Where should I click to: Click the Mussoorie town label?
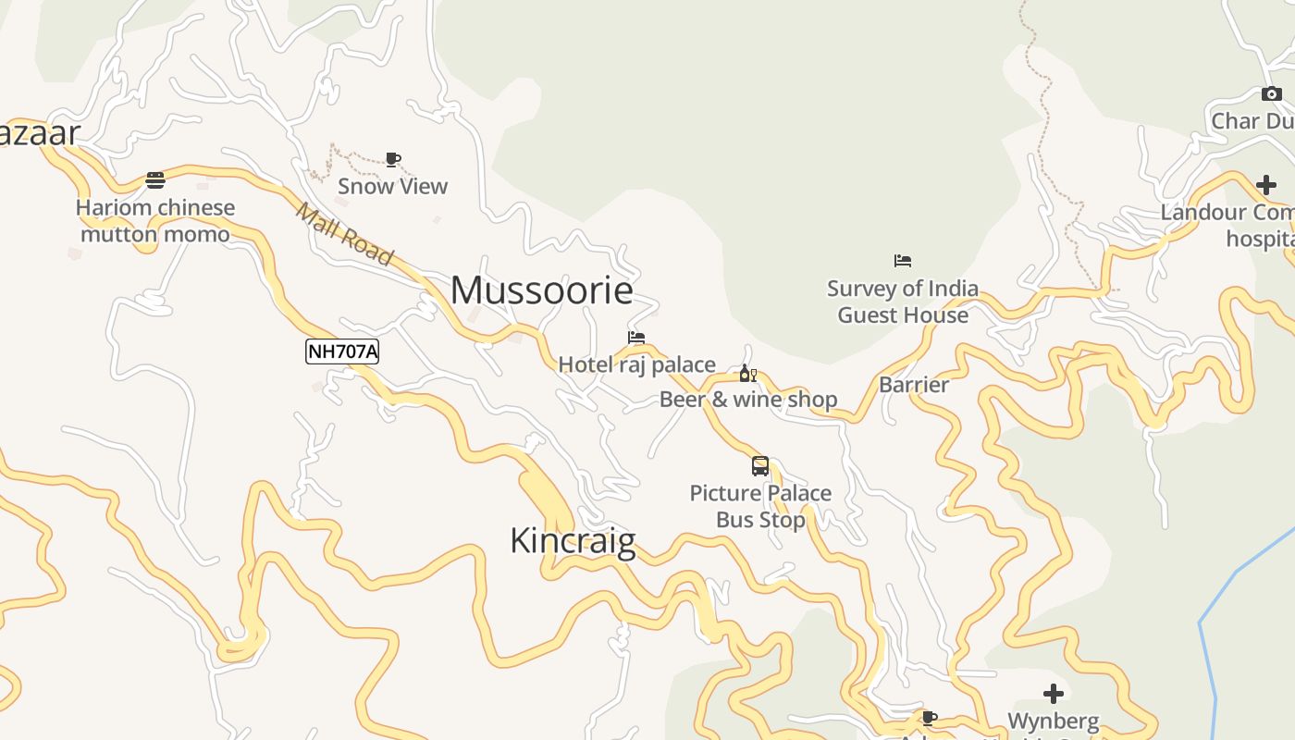click(x=542, y=290)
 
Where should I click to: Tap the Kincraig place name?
click(x=573, y=540)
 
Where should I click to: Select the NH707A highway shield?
click(x=342, y=351)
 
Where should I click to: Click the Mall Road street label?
click(x=345, y=234)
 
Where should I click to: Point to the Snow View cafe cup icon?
click(x=393, y=160)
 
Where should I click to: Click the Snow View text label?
click(x=392, y=186)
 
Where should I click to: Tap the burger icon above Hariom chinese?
click(x=155, y=180)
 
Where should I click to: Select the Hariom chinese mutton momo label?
click(x=155, y=221)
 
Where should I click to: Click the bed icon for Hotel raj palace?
click(x=636, y=338)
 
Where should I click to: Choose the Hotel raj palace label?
click(x=636, y=364)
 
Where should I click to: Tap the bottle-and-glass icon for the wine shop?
click(x=747, y=374)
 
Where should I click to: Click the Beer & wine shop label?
click(x=747, y=400)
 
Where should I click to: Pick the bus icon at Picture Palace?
click(x=760, y=466)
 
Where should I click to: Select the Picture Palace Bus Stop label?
click(x=760, y=506)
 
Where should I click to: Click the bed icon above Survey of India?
click(x=903, y=262)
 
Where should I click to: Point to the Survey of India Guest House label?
click(x=903, y=302)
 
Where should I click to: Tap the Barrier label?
click(x=914, y=385)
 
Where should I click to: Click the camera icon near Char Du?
click(x=1272, y=93)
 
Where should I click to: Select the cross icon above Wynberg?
click(x=1054, y=693)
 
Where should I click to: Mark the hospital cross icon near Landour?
click(x=1266, y=185)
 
